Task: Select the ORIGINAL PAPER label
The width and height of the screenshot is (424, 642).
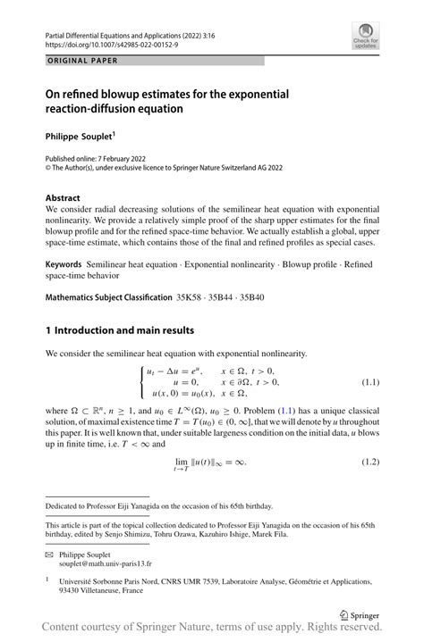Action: coord(82,61)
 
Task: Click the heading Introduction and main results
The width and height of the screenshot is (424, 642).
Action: coord(141,329)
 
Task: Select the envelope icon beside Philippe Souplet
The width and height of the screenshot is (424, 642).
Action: coord(50,554)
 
